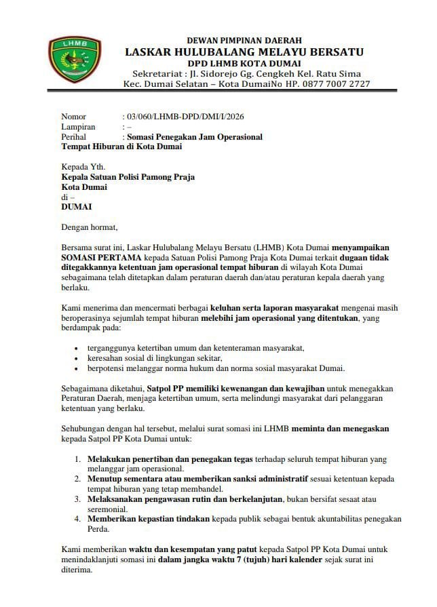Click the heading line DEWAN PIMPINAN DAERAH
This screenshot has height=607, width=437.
244,41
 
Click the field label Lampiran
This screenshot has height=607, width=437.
78,127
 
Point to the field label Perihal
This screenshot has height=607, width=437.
76,137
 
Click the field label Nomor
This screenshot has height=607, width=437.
74,117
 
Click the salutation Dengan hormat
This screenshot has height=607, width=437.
89,227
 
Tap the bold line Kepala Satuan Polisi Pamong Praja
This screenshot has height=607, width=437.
128,177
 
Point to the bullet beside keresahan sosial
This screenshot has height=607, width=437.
76,358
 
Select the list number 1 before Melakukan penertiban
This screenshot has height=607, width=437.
78,459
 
